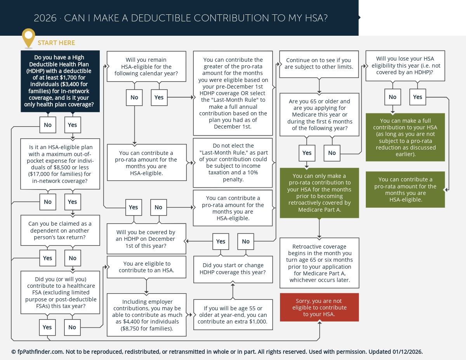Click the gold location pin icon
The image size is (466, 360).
pos(28,38)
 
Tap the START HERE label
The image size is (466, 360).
pos(56,43)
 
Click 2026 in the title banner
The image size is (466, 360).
pos(45,18)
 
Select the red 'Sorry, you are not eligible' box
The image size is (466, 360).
pos(319,307)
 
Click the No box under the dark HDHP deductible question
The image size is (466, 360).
pos(48,125)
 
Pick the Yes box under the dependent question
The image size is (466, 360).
pos(47,258)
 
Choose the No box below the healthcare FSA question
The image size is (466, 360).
pos(72,327)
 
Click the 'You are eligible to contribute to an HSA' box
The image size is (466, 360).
pos(147,267)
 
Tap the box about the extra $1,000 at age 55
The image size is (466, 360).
pos(232,315)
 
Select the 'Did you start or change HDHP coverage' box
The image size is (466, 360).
pos(233,269)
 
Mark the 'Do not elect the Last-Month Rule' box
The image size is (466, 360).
pos(233,162)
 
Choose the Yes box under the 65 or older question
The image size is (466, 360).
pos(307,153)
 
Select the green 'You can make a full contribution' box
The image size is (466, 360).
pos(405,137)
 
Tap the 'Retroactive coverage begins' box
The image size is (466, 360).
pos(319,263)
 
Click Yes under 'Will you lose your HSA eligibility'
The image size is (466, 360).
pos(417,97)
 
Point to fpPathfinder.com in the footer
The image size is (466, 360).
pos(37,352)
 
